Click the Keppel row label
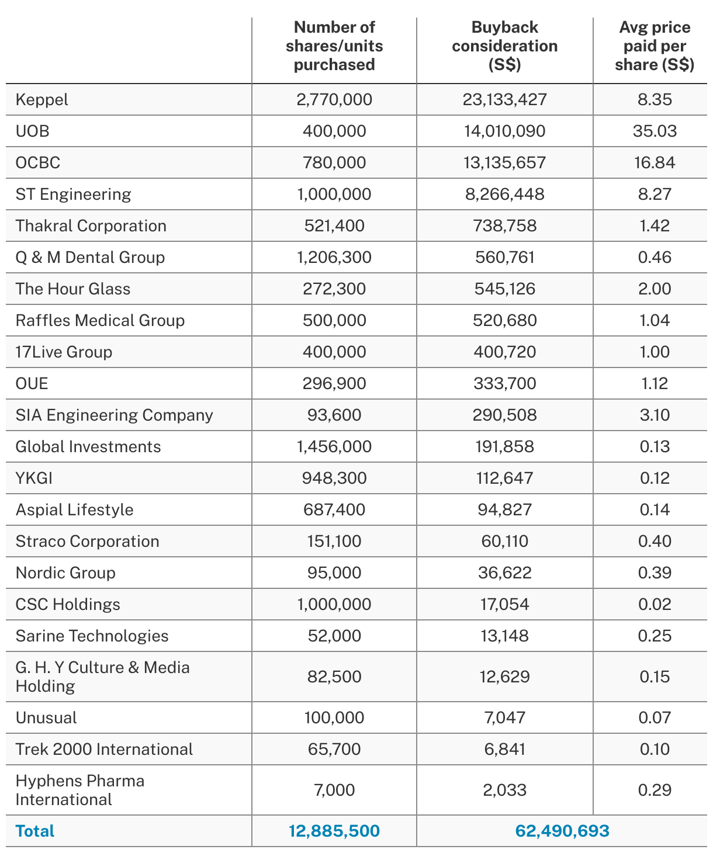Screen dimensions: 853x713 coord(42,99)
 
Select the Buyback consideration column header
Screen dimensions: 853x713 coord(505,46)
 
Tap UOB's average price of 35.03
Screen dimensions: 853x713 coord(655,131)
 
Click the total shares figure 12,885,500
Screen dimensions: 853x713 coord(334,831)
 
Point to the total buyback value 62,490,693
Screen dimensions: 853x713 coord(562,831)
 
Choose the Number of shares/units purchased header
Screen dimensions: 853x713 coord(334,46)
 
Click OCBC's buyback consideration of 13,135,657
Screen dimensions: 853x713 coord(505,162)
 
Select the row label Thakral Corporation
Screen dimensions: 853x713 coord(91,226)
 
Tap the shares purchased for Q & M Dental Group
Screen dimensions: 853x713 coord(334,257)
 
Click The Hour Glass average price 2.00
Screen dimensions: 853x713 coord(655,289)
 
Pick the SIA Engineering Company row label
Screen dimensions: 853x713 coord(115,415)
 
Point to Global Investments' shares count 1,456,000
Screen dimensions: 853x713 coord(334,446)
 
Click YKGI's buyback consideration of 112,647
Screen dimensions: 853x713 coord(505,478)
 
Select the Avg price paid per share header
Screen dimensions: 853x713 coord(655,46)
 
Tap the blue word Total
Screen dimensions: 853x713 coord(35,831)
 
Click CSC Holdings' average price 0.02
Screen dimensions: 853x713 coord(655,604)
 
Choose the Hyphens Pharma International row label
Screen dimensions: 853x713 coord(80,790)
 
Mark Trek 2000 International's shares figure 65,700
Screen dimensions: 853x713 coord(334,749)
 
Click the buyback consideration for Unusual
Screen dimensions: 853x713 coord(505,717)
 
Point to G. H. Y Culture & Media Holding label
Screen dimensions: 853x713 coord(103,677)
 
